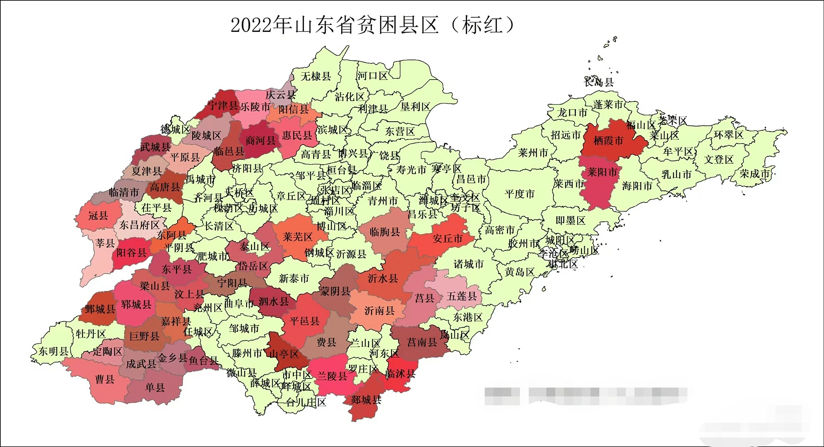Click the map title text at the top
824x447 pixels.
click(x=372, y=25)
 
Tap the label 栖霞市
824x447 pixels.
click(x=608, y=141)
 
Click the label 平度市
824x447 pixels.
click(x=519, y=194)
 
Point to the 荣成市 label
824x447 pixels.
click(x=754, y=174)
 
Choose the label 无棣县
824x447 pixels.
click(x=316, y=76)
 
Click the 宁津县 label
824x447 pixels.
click(x=223, y=105)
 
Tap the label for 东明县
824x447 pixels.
click(x=53, y=351)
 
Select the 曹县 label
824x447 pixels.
click(x=105, y=379)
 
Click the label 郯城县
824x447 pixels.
click(x=366, y=400)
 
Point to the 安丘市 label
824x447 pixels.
click(x=447, y=239)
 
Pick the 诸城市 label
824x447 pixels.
click(x=468, y=264)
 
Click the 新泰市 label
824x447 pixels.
click(x=294, y=278)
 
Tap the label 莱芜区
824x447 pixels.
click(x=298, y=237)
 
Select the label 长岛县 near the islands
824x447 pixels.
click(x=599, y=82)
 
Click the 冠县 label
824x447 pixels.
click(x=98, y=215)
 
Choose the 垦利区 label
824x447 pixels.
click(x=415, y=107)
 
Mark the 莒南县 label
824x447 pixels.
click(x=422, y=342)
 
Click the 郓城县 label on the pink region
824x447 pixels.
click(x=136, y=305)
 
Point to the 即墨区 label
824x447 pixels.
click(x=570, y=220)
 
